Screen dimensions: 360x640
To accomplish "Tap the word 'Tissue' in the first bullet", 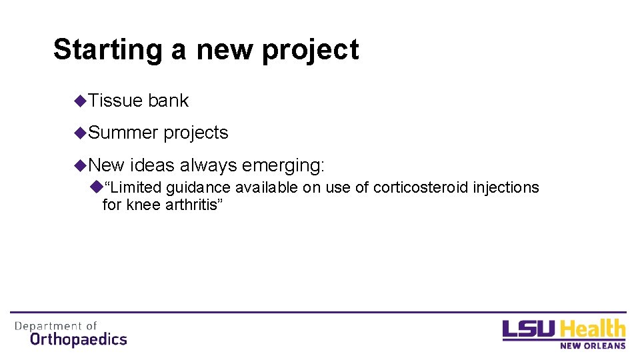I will click(x=115, y=101).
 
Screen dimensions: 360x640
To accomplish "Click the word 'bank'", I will click(x=169, y=101).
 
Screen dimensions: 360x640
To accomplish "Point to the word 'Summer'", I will click(x=123, y=133).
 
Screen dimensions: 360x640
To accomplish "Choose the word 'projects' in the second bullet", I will click(x=196, y=133).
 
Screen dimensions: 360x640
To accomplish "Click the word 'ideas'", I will click(x=153, y=165).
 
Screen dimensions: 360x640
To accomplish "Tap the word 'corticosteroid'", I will click(x=421, y=188).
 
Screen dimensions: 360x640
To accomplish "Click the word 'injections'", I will click(x=506, y=188).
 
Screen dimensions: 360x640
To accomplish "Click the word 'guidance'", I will click(x=199, y=188).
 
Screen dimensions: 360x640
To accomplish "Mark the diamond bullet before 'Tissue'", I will click(x=81, y=101).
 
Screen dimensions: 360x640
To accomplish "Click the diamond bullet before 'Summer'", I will click(x=81, y=133).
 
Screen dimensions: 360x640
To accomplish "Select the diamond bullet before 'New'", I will click(x=81, y=165).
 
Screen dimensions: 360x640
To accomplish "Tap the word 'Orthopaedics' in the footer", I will click(x=78, y=339).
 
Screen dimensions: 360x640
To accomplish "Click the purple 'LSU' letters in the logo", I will click(x=530, y=330).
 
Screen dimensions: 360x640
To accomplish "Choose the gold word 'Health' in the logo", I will click(x=593, y=329).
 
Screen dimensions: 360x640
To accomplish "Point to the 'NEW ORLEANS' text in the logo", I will click(x=593, y=345).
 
